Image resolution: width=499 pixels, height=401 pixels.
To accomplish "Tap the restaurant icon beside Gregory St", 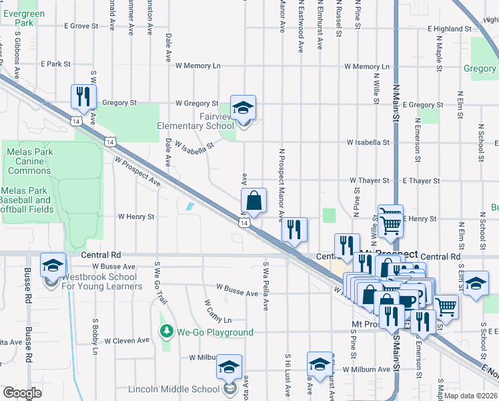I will click(x=83, y=97).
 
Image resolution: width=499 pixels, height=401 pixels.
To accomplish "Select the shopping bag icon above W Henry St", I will click(x=254, y=200).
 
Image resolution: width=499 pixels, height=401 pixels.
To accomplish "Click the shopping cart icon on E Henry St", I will click(x=390, y=218).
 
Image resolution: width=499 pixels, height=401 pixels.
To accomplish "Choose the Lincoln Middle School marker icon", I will click(x=229, y=368).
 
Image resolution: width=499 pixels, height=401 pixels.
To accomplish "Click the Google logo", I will click(x=22, y=393).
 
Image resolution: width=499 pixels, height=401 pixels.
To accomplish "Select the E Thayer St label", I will click(x=420, y=180).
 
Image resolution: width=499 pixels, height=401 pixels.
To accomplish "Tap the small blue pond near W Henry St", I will click(x=191, y=207).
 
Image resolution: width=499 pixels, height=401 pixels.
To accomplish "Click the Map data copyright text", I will click(x=471, y=396).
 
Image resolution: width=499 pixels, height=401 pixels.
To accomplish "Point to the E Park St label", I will click(x=55, y=64).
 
